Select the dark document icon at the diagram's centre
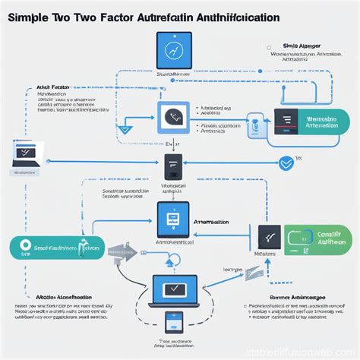(173, 167)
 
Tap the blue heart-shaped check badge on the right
(286, 163)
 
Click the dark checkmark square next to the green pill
(269, 238)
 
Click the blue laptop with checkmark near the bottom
(174, 290)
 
